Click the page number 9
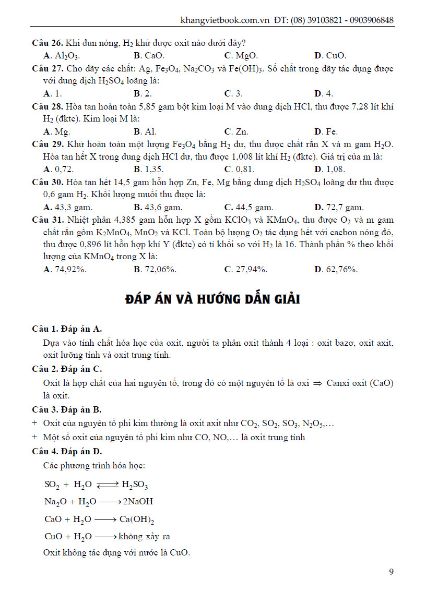tap(392, 572)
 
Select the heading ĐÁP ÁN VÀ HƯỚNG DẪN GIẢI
tap(213, 300)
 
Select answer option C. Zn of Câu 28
tap(236, 131)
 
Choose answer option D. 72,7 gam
tap(339, 207)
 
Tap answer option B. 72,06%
tap(155, 269)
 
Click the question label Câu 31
tap(47, 219)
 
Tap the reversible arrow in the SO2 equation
tap(108, 485)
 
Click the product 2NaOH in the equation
tap(137, 502)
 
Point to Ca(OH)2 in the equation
tap(136, 519)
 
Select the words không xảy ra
tap(145, 536)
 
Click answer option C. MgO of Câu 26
tap(241, 55)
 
